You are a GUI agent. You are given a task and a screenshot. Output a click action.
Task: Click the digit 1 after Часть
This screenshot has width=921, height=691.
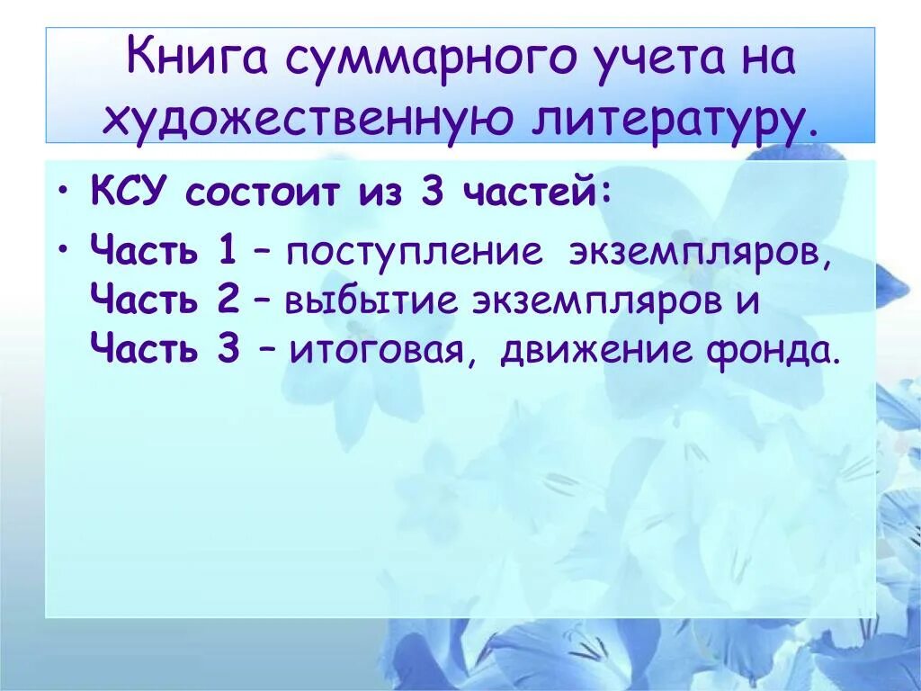(x=226, y=252)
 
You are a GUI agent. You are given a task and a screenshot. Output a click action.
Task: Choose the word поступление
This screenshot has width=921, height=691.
(x=415, y=253)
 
